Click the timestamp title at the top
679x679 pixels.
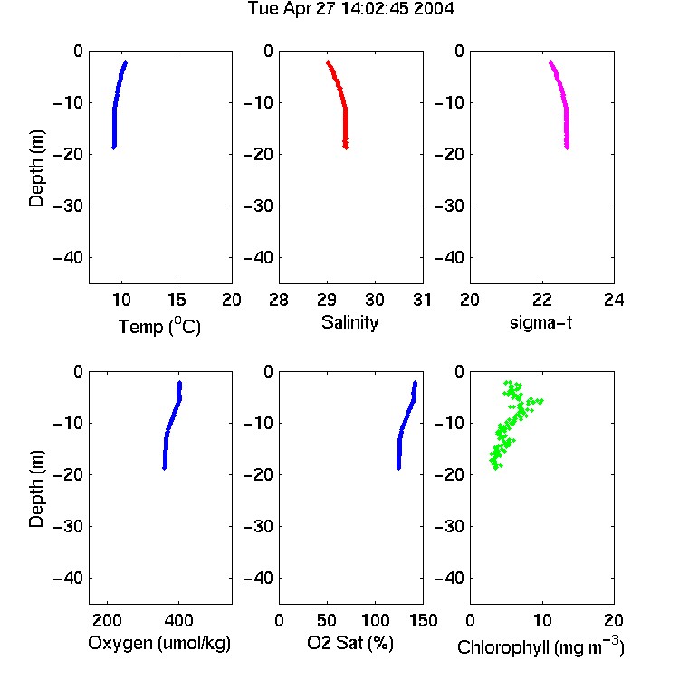coord(350,8)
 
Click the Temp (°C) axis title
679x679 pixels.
coord(159,327)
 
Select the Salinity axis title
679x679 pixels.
coord(349,322)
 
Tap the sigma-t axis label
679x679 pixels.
coord(540,322)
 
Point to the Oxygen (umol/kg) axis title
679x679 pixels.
coord(159,643)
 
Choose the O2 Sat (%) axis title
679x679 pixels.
coord(349,643)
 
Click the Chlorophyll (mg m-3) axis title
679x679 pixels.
coord(540,646)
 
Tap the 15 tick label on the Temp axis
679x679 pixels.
coord(177,300)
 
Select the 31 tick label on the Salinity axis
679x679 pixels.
coord(422,300)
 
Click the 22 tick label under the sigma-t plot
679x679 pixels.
coord(541,300)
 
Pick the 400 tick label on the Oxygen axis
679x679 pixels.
coord(179,620)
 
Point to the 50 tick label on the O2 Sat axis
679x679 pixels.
coord(327,620)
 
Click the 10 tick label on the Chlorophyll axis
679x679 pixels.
coord(542,620)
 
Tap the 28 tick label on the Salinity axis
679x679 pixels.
coord(279,300)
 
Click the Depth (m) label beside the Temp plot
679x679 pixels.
coord(36,168)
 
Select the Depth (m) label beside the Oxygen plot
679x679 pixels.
coord(36,489)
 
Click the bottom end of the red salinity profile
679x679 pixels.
coord(346,148)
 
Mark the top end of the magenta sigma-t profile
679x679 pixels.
coord(550,62)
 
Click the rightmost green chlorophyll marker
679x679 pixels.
coord(540,401)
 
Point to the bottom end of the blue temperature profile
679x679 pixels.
coord(114,148)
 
